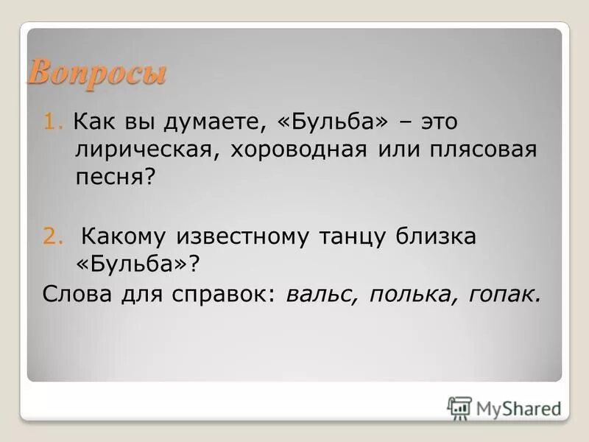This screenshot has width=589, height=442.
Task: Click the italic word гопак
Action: (504, 295)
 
